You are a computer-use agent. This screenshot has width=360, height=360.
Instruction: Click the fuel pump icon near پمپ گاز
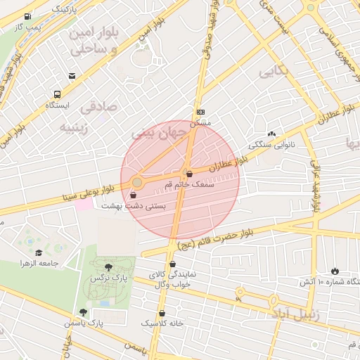pyautogui.click(x=27, y=16)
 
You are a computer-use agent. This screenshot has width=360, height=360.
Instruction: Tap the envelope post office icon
pyautogui.click(x=72, y=76)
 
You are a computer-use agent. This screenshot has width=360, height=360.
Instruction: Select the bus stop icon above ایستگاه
pyautogui.click(x=57, y=94)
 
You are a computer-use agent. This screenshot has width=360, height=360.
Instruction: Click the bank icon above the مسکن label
pyautogui.click(x=200, y=112)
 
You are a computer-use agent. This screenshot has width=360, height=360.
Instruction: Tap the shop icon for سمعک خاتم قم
pyautogui.click(x=189, y=174)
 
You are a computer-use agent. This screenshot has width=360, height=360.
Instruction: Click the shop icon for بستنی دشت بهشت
pyautogui.click(x=134, y=195)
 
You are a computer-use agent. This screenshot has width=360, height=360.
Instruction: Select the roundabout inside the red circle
pyautogui.click(x=137, y=183)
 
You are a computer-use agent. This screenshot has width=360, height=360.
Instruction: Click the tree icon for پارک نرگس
pyautogui.click(x=108, y=267)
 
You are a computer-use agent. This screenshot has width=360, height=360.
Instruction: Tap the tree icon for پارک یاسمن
pyautogui.click(x=84, y=312)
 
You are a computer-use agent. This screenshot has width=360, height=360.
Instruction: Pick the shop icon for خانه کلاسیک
pyautogui.click(x=162, y=313)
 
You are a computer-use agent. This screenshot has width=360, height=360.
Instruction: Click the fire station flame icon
pyautogui.click(x=334, y=271)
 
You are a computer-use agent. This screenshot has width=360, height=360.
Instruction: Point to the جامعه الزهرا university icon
pyautogui.click(x=38, y=252)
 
